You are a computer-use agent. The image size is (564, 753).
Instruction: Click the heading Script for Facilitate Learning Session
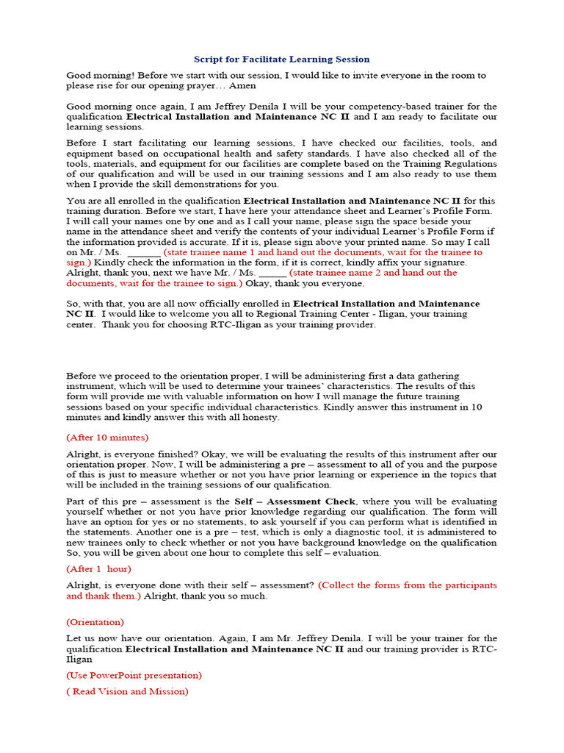282,59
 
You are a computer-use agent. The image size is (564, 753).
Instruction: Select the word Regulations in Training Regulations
471,163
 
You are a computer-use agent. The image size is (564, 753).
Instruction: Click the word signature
439,262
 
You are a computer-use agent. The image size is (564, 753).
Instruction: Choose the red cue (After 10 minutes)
107,437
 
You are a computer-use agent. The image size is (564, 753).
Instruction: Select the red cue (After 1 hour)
99,568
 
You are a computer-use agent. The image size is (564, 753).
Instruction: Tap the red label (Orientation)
95,621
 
